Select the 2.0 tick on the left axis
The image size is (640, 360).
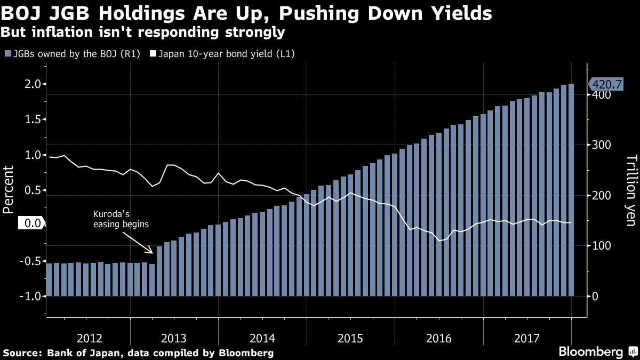coord(33,84)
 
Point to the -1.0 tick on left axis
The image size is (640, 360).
coord(31,296)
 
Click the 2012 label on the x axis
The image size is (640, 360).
coord(90,338)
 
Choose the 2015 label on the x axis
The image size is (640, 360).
coord(350,338)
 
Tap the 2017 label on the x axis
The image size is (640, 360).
coord(526,338)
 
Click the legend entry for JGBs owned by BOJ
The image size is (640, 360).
coord(72,54)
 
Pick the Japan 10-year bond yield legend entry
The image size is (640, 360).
coord(222,54)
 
